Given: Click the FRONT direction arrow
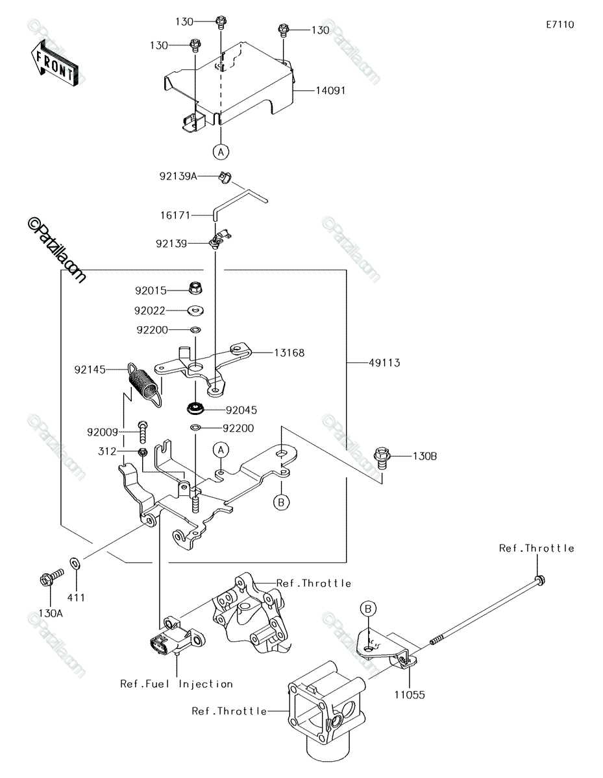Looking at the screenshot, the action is tap(54, 64).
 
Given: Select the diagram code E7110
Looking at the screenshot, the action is tap(560, 25).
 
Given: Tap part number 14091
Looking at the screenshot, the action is tap(330, 91).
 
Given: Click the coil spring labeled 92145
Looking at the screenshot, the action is tap(145, 384).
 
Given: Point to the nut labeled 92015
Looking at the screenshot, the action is tap(195, 288).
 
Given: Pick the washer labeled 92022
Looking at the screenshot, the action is tap(195, 310).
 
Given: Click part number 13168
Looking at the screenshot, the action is tap(289, 353).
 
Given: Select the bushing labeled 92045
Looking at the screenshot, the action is tap(195, 408).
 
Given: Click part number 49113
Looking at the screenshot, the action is tap(384, 363).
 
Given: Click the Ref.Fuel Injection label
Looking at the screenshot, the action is tap(177, 684).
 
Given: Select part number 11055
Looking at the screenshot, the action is tap(410, 695).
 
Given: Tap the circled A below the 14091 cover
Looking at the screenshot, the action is tap(221, 152).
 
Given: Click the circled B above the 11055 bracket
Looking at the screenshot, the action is tap(368, 608).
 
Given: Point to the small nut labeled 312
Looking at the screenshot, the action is tap(142, 453).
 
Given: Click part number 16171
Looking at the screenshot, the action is tap(175, 215).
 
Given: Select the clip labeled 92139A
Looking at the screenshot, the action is tap(225, 177).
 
